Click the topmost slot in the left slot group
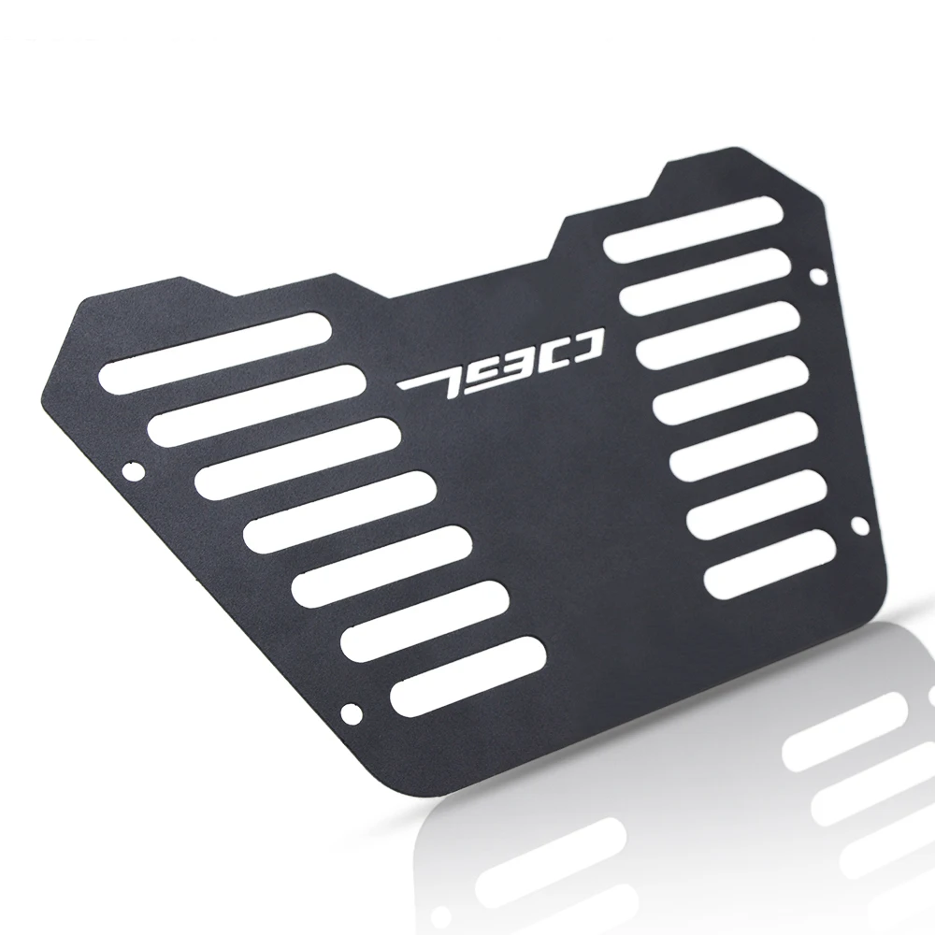point(215,353)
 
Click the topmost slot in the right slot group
point(694,228)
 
